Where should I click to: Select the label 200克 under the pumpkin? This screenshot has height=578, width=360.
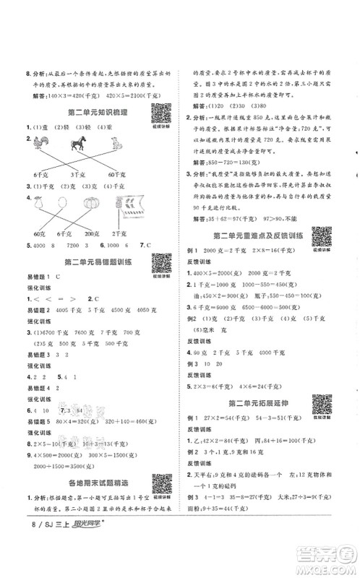(90, 233)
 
